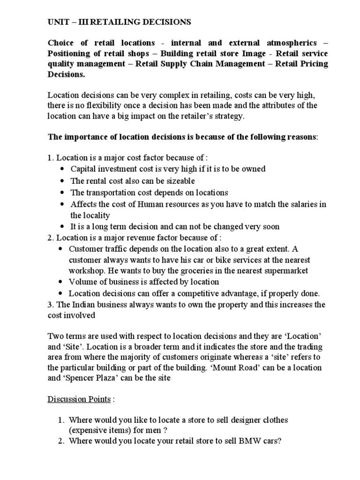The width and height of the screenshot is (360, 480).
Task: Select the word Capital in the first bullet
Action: (83, 168)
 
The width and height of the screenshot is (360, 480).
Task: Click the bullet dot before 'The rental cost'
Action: (63, 180)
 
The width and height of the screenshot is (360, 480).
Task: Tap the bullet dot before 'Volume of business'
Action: (63, 282)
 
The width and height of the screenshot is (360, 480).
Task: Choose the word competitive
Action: (211, 294)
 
